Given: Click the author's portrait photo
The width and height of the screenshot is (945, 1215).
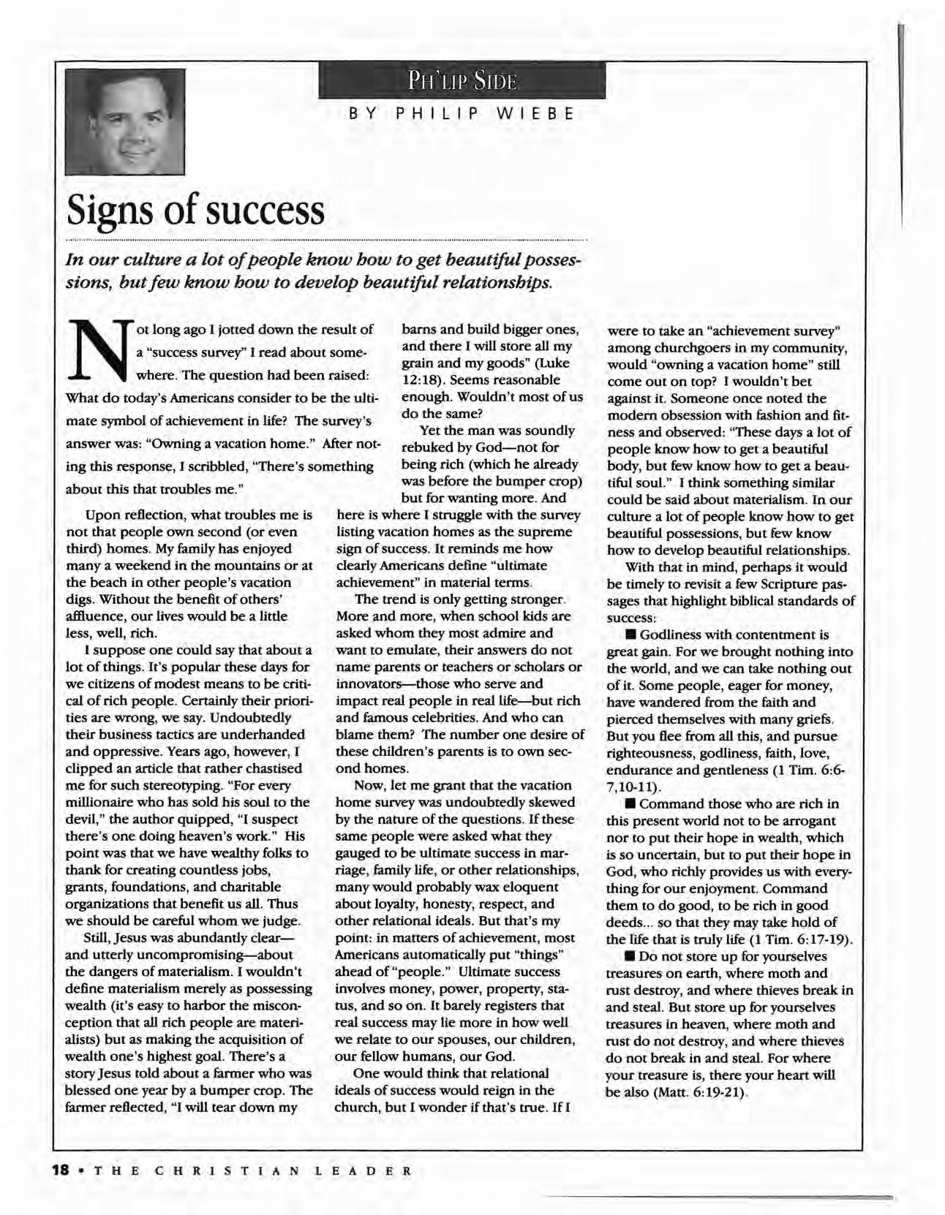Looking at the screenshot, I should click(x=124, y=121).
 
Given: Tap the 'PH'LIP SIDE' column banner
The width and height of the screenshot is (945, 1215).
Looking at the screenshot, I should click(x=462, y=80).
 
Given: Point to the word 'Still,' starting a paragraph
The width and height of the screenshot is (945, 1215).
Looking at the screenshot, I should click(x=101, y=938).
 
